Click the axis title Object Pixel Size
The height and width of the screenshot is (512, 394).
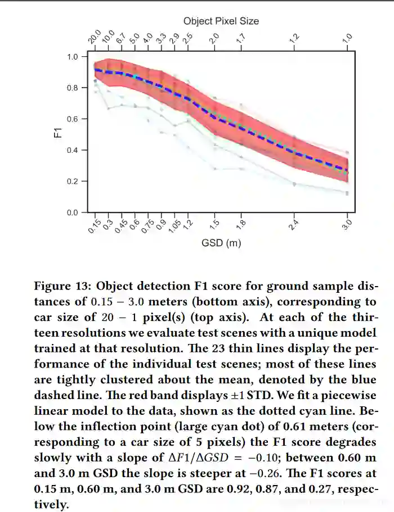point(221,21)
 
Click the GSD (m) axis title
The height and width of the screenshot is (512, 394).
point(221,243)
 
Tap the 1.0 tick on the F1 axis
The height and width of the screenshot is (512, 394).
point(72,57)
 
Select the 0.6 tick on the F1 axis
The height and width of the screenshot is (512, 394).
point(72,119)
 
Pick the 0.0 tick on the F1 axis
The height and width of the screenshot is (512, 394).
point(72,212)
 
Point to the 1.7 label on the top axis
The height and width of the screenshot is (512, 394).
point(241,39)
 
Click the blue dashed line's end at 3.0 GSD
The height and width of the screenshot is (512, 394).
point(347,170)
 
